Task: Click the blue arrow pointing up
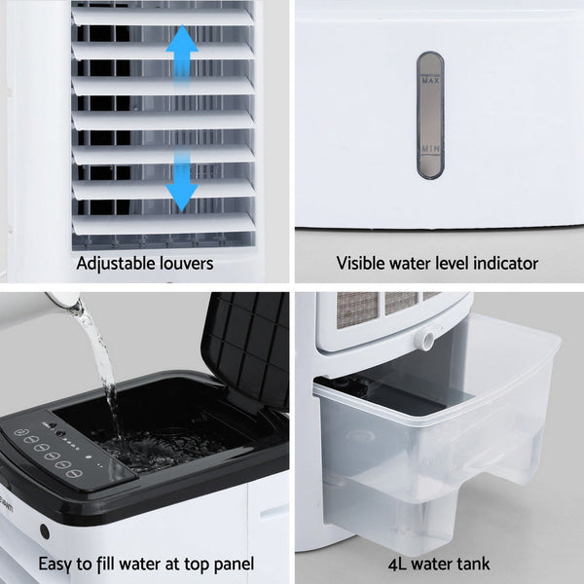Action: [x=182, y=55]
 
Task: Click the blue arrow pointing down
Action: [x=182, y=183]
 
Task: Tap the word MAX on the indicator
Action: [x=430, y=81]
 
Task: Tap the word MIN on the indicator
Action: [x=430, y=149]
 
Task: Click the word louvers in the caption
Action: [x=186, y=263]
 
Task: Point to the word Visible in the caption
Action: [x=360, y=263]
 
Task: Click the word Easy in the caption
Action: [x=55, y=564]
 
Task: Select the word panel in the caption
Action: [x=232, y=564]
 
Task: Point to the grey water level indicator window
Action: [x=430, y=115]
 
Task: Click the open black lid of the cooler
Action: [x=248, y=346]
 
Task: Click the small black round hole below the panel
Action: [x=45, y=531]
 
